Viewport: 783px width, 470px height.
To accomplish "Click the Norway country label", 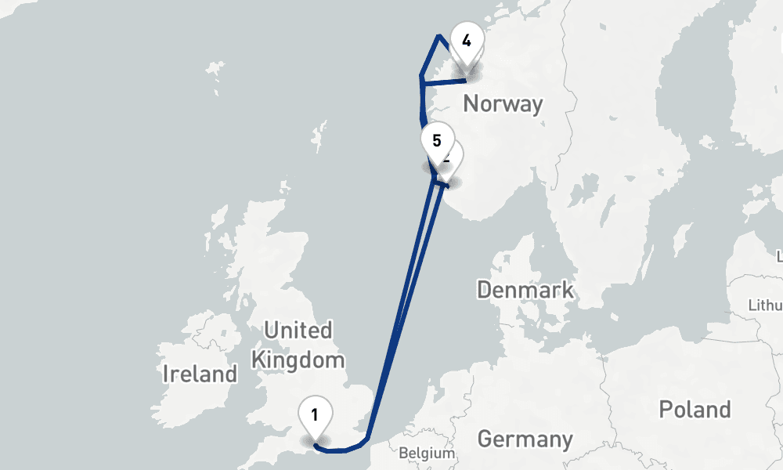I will pos(503,104).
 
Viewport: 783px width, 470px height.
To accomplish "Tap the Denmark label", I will pos(525,290).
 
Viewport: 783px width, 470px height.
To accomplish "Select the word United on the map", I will pos(298,330).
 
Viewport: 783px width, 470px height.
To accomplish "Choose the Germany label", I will pos(525,439).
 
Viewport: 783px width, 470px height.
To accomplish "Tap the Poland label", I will pos(695,409).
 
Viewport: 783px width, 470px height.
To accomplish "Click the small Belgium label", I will pos(426,453).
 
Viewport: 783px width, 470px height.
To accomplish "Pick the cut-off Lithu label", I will pos(765,305).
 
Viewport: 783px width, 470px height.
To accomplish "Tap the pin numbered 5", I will pos(437,142).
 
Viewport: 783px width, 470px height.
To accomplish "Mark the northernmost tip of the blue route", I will pos(438,36).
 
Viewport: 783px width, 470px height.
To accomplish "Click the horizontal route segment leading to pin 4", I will pos(443,78).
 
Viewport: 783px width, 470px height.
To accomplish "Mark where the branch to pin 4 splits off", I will pos(421,76).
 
